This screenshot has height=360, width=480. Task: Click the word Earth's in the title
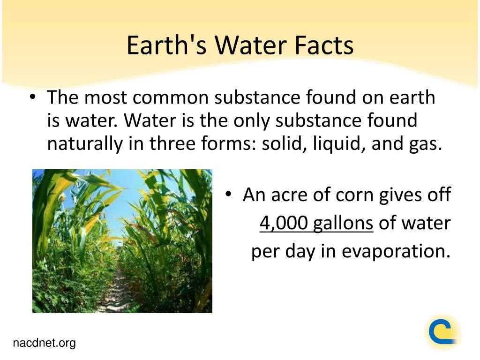[x=166, y=45]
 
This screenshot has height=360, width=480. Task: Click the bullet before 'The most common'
[x=33, y=97]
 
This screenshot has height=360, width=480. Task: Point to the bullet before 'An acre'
[x=228, y=194]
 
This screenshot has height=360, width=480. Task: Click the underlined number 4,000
[x=284, y=223]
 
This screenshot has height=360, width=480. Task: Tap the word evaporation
[x=396, y=251]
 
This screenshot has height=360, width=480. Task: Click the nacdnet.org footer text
[x=44, y=343]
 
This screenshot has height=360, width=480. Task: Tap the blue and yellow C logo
[x=442, y=332]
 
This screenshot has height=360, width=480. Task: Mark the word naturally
[x=85, y=144]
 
